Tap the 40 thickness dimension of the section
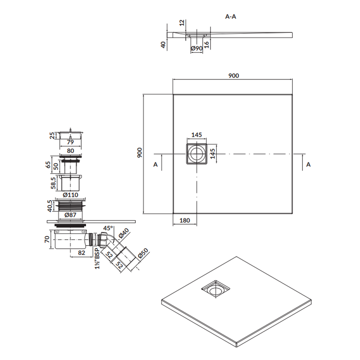coord(163,45)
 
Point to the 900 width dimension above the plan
coord(233,76)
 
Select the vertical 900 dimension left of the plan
coord(140,153)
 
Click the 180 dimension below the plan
coord(184,220)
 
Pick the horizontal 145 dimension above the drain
coord(196,135)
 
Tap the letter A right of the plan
coord(308,165)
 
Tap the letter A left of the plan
coord(156,165)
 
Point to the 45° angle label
coord(108,228)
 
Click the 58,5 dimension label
coord(53,183)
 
